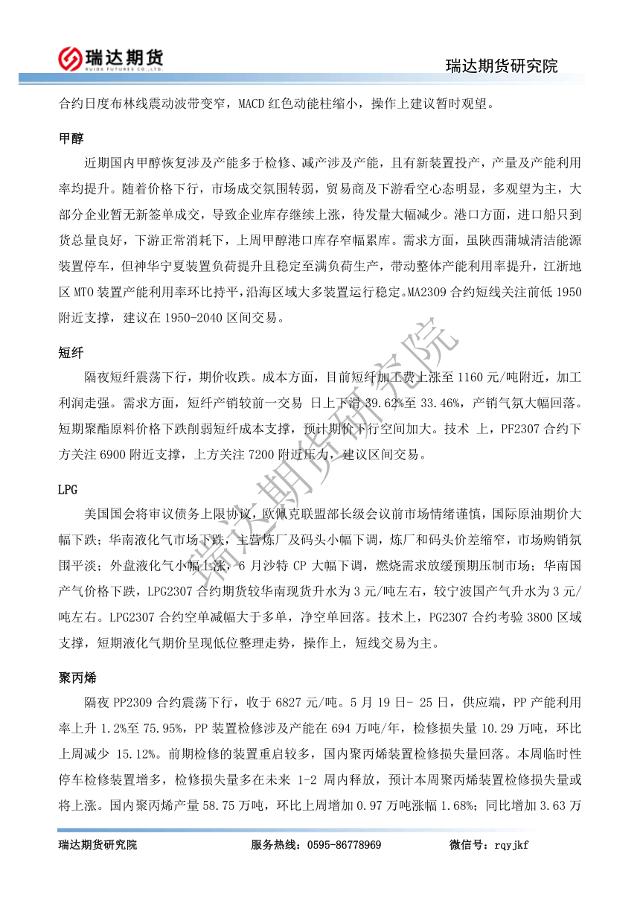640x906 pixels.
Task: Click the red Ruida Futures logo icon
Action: [70, 57]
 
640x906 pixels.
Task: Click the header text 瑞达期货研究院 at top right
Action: [502, 66]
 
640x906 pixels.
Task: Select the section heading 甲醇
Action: [71, 138]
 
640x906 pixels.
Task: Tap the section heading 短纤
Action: [71, 353]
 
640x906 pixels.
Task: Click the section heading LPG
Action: [68, 490]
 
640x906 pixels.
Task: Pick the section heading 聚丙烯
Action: [77, 679]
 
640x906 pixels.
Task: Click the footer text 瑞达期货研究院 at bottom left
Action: [97, 845]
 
